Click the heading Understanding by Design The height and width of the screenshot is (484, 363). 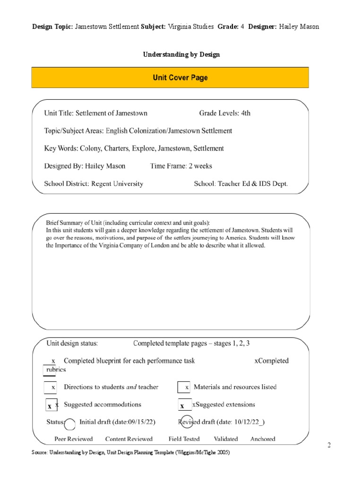tap(181, 54)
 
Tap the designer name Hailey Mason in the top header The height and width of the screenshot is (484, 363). tap(299, 26)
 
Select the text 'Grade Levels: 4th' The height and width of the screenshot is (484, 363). tap(225, 113)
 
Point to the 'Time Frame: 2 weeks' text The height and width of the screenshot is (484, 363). tap(181, 166)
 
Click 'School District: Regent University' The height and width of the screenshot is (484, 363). tap(94, 183)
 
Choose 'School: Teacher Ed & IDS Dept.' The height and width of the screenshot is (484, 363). tap(241, 183)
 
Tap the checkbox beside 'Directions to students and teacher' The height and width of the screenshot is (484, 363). tap(50, 387)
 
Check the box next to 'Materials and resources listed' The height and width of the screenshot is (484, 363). tap(184, 387)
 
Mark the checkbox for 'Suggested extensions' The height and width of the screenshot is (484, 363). tap(184, 406)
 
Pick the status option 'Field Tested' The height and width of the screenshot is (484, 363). tap(184, 439)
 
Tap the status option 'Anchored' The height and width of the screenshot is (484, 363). tap(263, 439)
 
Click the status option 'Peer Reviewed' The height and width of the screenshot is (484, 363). tap(74, 439)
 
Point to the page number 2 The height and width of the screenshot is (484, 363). tap(329, 445)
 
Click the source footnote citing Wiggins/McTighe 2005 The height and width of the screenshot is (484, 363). tap(130, 452)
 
